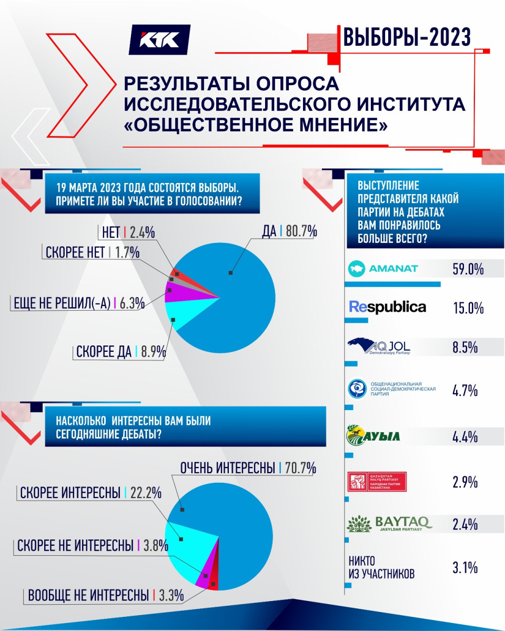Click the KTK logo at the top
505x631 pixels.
(159, 39)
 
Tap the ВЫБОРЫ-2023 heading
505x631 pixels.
(407, 38)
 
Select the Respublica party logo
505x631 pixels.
(388, 307)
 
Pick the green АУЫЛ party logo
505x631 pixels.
(373, 436)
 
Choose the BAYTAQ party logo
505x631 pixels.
(390, 524)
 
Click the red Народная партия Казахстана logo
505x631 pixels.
(377, 481)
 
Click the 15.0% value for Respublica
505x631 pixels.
(468, 308)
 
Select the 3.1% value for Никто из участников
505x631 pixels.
(464, 567)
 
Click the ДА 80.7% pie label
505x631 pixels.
(289, 231)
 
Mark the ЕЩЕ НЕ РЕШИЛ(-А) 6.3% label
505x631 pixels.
(77, 303)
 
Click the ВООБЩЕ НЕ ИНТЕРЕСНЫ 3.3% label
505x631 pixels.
(106, 596)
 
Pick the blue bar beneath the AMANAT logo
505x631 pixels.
(392, 284)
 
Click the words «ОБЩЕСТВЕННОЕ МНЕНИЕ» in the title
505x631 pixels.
(255, 126)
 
